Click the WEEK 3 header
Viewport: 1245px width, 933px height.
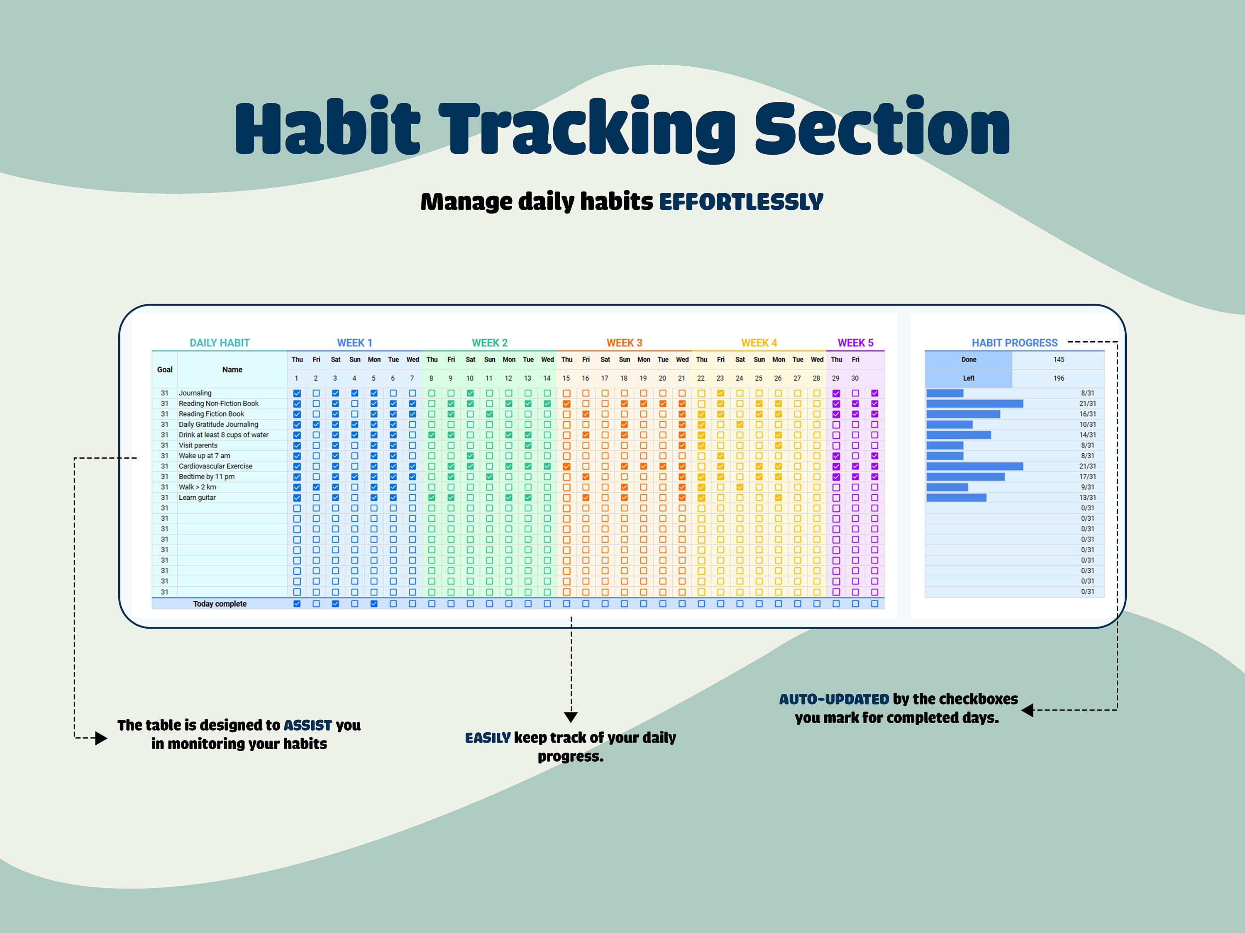[x=624, y=343]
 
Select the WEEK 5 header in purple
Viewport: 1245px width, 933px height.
[x=855, y=343]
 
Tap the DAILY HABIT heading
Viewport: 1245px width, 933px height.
[x=220, y=343]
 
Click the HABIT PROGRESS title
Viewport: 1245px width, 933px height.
[x=1014, y=343]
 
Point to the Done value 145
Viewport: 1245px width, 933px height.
[x=1059, y=360]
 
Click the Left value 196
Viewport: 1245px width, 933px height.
[x=1059, y=378]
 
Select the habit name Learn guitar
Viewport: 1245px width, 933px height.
[x=197, y=497]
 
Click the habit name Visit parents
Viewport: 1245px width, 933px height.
[x=198, y=445]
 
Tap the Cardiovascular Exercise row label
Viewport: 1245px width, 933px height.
[x=215, y=466]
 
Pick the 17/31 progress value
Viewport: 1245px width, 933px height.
[x=1087, y=476]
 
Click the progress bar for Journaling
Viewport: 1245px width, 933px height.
[x=945, y=393]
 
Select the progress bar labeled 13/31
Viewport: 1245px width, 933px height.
[x=956, y=497]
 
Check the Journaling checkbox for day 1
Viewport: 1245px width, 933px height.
[x=297, y=393]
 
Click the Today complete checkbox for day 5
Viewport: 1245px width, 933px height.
[x=374, y=603]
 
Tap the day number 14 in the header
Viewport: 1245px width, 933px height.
[x=547, y=378]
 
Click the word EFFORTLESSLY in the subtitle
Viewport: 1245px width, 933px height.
[x=741, y=202]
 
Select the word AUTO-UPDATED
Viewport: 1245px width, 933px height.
[x=834, y=699]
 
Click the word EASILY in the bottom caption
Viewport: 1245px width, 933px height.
[x=488, y=737]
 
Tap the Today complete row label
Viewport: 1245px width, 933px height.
[x=220, y=603]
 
